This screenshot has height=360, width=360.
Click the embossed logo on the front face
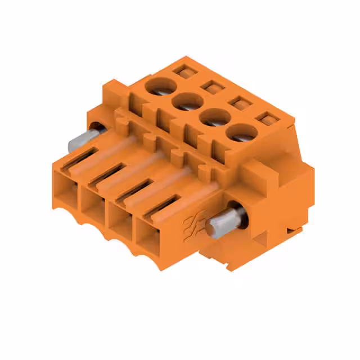[192, 225]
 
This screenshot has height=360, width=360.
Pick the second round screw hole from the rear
[187, 102]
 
